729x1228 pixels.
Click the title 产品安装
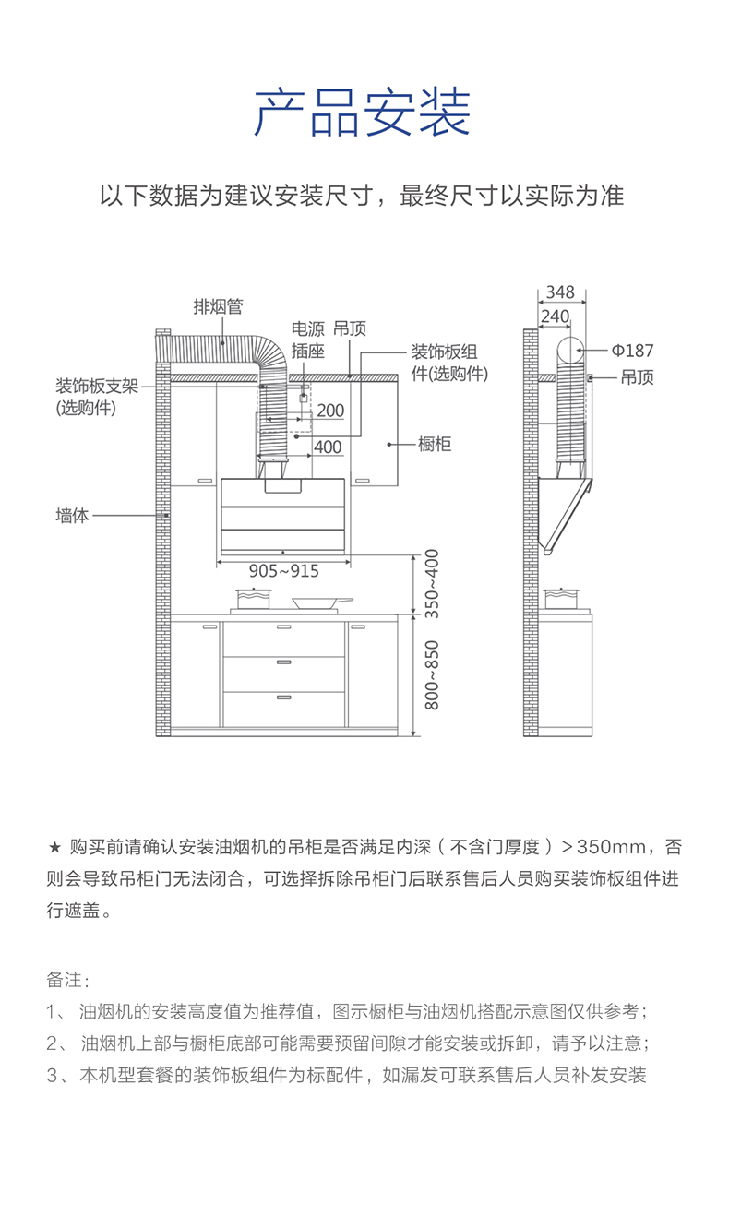[363, 113]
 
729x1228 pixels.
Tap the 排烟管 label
[218, 306]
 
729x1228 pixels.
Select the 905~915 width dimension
[283, 571]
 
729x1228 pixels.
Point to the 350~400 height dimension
[432, 584]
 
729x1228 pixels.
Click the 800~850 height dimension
[432, 675]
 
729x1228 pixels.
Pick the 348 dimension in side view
[560, 292]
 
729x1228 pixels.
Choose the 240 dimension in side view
[555, 316]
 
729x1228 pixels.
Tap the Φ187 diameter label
[632, 351]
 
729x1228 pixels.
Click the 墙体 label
[72, 516]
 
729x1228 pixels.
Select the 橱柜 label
[435, 444]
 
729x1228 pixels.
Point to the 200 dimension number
[330, 411]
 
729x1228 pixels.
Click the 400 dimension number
[328, 447]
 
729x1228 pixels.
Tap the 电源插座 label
[307, 340]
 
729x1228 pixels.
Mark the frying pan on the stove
[322, 603]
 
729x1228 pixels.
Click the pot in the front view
[253, 598]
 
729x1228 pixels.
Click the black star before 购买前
[54, 848]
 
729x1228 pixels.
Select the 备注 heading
[67, 980]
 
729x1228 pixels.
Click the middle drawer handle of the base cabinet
[284, 662]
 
